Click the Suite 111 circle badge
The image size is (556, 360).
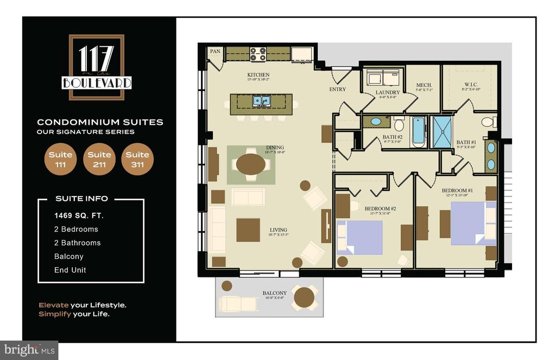click(x=60, y=160)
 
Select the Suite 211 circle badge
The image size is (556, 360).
click(x=99, y=160)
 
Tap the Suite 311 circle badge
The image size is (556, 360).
click(x=137, y=160)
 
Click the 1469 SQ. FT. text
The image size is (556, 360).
click(x=79, y=216)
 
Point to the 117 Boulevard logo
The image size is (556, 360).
click(x=97, y=67)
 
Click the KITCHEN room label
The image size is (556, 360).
click(x=258, y=75)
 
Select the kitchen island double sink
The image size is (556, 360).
click(x=262, y=102)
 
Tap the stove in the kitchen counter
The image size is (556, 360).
click(x=258, y=54)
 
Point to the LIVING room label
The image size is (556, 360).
click(x=278, y=230)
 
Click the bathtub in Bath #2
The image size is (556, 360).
click(x=419, y=131)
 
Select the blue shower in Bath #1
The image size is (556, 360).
click(x=441, y=132)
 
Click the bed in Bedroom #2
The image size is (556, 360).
click(x=359, y=238)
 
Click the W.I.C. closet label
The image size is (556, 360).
click(x=470, y=84)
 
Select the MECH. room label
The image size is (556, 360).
click(x=424, y=86)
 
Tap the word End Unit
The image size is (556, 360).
click(x=70, y=270)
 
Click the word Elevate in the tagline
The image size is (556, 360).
click(x=53, y=305)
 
